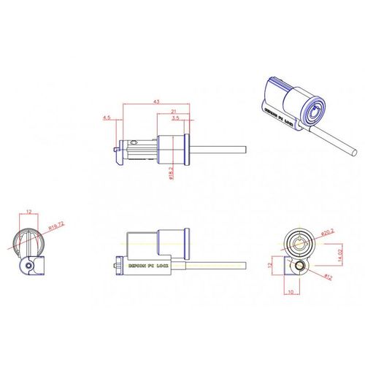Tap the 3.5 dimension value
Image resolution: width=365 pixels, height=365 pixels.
click(177, 117)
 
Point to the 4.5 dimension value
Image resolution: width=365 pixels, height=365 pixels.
click(107, 117)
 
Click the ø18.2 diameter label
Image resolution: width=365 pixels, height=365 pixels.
click(170, 172)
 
